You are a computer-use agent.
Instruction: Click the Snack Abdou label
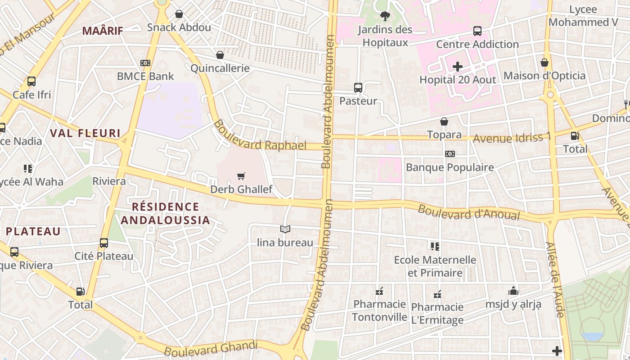[179, 27]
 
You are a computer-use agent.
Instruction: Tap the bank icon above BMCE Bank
[145, 63]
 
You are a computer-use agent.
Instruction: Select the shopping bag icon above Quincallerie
[220, 55]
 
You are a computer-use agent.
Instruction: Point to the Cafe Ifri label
[31, 95]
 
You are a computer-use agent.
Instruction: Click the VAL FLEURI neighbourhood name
[85, 133]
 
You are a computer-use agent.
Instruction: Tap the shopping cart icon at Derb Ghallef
[241, 176]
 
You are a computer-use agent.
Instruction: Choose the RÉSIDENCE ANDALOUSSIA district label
[165, 213]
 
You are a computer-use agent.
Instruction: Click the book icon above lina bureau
[285, 229]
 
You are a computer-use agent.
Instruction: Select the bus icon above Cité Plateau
[104, 243]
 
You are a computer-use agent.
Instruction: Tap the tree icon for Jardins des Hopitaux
[385, 17]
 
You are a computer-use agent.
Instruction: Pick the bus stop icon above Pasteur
[358, 87]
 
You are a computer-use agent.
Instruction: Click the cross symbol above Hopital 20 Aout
[458, 67]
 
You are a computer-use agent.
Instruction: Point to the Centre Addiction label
[477, 44]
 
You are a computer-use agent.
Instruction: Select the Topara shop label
[444, 135]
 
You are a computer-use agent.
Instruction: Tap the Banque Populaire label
[450, 167]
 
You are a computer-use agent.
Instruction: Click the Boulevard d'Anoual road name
[469, 213]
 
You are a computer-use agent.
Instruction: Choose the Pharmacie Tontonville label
[379, 310]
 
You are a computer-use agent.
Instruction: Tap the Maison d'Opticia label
[544, 76]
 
